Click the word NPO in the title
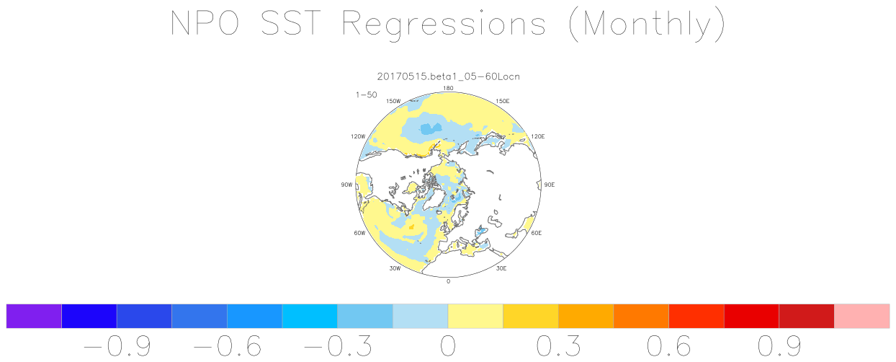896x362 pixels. point(205,23)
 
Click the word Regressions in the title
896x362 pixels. point(444,25)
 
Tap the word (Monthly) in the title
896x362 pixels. point(647,25)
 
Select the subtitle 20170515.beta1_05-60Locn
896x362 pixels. point(449,76)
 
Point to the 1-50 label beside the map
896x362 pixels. point(367,95)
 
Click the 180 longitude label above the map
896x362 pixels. point(448,88)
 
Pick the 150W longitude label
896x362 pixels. point(393,101)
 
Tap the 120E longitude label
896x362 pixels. point(537,136)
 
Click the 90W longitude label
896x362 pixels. point(346,185)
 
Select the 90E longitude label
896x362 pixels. point(550,185)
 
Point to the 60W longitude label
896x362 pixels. point(359,233)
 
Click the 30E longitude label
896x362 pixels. point(501,268)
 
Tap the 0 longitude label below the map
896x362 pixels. point(449,281)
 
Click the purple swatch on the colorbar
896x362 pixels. point(34,316)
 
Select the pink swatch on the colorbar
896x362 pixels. point(862,316)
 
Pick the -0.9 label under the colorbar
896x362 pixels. point(117,345)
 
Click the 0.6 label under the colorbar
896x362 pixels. point(669,345)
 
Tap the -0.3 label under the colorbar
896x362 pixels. point(338,345)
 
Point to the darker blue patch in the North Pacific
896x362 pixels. point(431,128)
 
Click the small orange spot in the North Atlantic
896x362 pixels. point(411,227)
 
